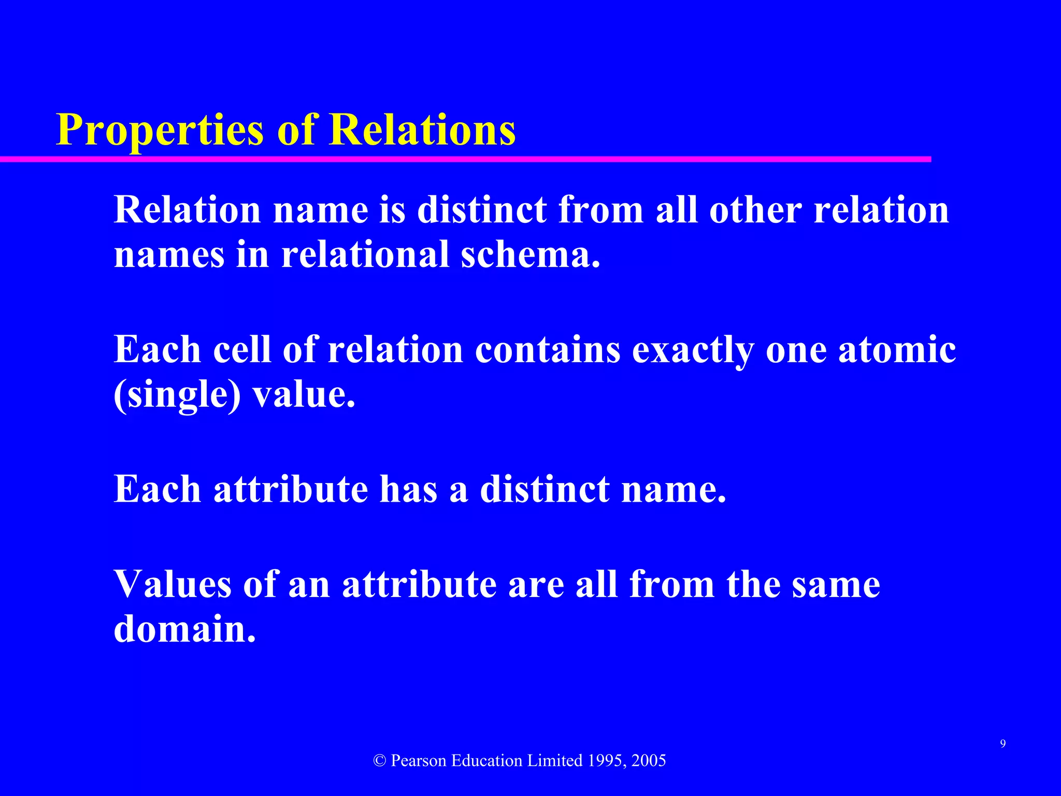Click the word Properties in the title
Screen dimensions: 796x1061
160,130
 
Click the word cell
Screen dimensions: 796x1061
242,349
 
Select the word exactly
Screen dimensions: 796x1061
693,350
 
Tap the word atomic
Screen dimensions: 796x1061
897,349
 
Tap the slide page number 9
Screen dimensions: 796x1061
1003,744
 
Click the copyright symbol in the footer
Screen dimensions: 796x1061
380,761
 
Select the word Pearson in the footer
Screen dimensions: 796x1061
419,761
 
